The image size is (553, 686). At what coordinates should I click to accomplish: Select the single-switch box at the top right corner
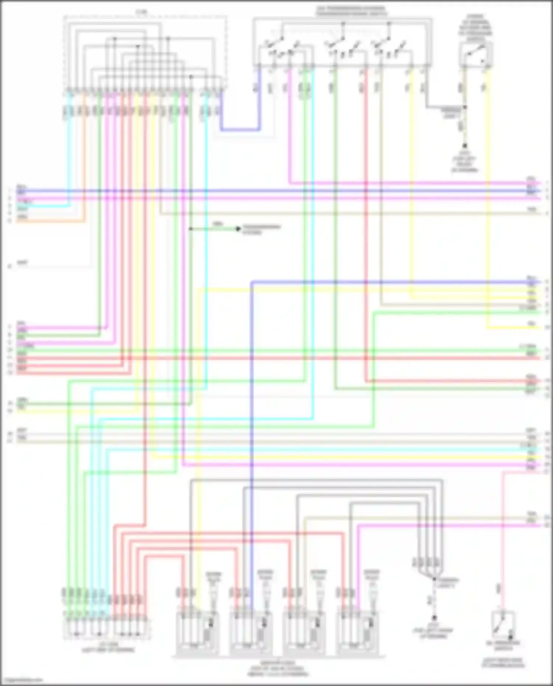pyautogui.click(x=476, y=55)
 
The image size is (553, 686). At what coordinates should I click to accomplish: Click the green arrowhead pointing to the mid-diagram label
pyautogui.click(x=238, y=229)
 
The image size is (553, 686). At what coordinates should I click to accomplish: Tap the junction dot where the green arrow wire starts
pyautogui.click(x=191, y=229)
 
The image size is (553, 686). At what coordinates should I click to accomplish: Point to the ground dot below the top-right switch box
pyautogui.click(x=465, y=146)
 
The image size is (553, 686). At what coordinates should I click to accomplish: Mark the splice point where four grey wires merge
pyautogui.click(x=434, y=579)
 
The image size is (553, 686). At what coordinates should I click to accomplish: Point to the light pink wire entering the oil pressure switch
pyautogui.click(x=502, y=534)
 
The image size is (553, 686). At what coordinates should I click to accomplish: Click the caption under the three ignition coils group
pyautogui.click(x=279, y=668)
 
